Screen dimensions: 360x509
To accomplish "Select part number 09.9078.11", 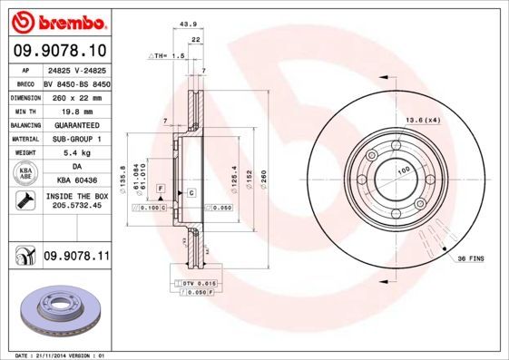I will click(x=76, y=257).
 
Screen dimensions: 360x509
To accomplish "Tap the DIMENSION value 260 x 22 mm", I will click(x=76, y=95).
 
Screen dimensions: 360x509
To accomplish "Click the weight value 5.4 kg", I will click(x=76, y=153).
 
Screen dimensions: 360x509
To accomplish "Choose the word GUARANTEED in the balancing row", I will click(x=76, y=124).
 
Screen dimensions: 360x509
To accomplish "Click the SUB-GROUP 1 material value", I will click(x=76, y=139).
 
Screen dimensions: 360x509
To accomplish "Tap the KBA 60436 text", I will click(x=76, y=181).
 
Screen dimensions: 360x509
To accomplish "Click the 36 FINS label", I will click(x=470, y=259).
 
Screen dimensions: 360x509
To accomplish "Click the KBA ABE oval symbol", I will click(x=24, y=174).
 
